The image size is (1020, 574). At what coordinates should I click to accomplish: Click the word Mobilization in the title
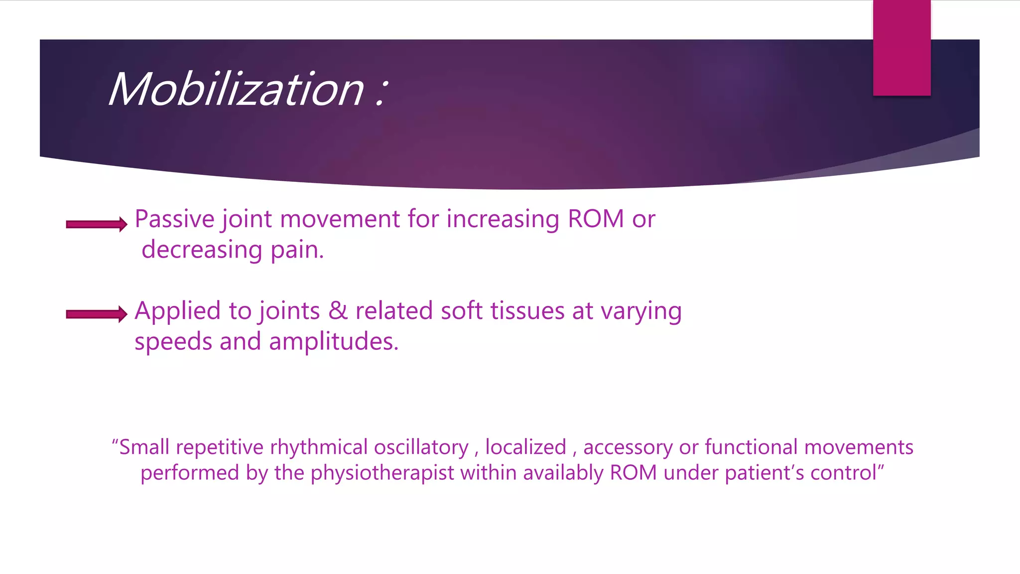click(x=237, y=90)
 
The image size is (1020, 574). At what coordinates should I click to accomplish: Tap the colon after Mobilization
click(x=381, y=92)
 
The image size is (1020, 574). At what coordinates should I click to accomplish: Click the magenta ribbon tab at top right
click(x=901, y=48)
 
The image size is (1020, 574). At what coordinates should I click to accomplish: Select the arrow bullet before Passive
click(x=97, y=224)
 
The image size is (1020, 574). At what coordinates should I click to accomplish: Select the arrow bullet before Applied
click(x=97, y=314)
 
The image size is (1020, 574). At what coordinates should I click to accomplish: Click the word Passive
click(x=174, y=219)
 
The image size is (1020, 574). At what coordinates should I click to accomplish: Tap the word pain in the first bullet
click(x=297, y=250)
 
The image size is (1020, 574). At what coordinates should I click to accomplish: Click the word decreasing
click(x=202, y=250)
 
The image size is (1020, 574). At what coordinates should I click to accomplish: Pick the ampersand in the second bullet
click(x=338, y=311)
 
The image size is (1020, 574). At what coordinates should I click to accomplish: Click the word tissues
click(x=527, y=311)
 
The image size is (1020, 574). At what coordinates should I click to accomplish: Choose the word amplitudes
click(x=334, y=342)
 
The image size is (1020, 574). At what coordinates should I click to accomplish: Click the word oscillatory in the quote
click(x=421, y=447)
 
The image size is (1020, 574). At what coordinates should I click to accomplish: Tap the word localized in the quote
click(x=525, y=447)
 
